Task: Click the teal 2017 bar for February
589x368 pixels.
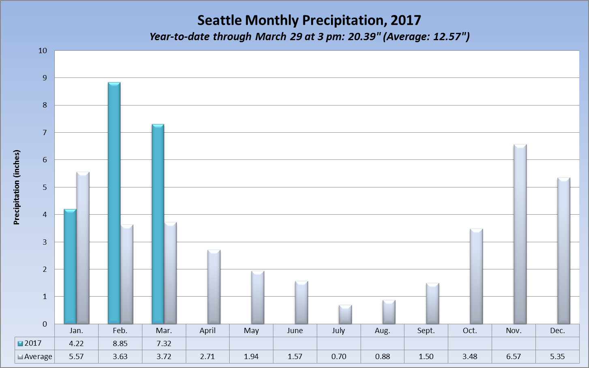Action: (x=114, y=203)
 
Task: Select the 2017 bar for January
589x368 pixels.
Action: (x=70, y=267)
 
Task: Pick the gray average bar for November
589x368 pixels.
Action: (x=520, y=234)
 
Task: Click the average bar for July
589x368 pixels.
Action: (x=345, y=314)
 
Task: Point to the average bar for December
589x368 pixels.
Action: (x=564, y=251)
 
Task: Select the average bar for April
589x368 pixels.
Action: (x=214, y=287)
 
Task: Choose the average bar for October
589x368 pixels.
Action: (x=476, y=276)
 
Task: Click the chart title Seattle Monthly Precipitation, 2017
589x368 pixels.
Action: (x=309, y=20)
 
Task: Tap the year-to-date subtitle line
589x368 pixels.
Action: (x=309, y=37)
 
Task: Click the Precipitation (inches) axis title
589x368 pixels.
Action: (x=17, y=187)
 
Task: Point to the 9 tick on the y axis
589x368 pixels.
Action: (x=45, y=78)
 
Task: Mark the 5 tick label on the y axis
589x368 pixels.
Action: (x=45, y=187)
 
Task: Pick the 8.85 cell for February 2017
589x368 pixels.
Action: (x=120, y=343)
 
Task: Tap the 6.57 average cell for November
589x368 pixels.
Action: (x=514, y=357)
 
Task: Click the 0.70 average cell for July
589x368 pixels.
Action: (x=339, y=357)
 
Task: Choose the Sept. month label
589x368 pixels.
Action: (x=426, y=331)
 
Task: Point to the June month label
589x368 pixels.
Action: (x=295, y=331)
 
